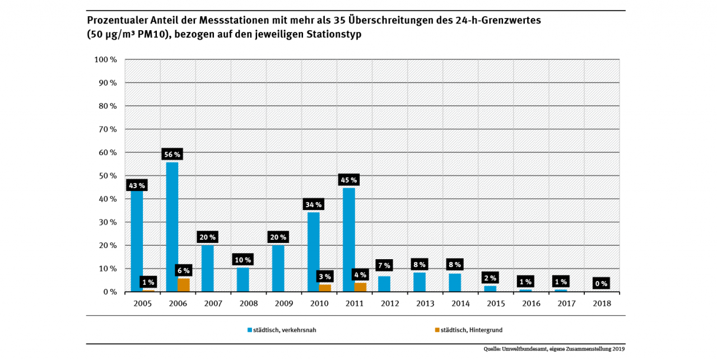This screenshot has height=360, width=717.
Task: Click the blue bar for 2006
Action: tap(172, 227)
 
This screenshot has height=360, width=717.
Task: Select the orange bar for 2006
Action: tap(184, 285)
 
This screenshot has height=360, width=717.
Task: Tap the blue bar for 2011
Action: tap(348, 240)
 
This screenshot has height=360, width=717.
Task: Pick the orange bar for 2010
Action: tap(325, 288)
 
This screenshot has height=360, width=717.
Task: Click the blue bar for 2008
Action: tap(243, 279)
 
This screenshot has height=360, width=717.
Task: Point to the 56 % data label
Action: tap(172, 155)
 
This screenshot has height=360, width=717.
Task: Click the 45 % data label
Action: tap(349, 180)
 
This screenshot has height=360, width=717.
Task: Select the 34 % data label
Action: tap(314, 204)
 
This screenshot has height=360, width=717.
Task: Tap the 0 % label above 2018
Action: tap(601, 283)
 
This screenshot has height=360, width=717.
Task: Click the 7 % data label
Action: tap(384, 265)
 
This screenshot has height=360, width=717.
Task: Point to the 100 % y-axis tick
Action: tap(105, 59)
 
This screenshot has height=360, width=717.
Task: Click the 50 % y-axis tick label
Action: tap(107, 176)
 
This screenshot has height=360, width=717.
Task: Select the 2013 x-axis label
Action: tap(425, 303)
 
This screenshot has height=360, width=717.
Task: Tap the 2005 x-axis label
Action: tap(142, 303)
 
